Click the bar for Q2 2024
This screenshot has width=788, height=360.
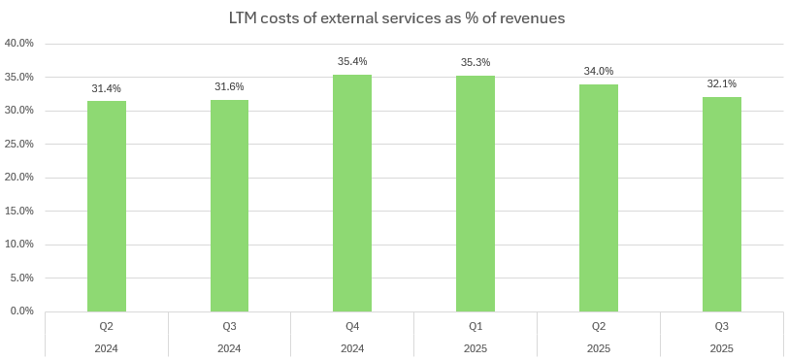(107, 206)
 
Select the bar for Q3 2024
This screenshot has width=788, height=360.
(229, 206)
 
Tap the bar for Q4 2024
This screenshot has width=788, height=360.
(352, 193)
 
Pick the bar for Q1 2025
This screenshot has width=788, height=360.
(476, 193)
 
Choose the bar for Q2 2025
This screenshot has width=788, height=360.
(599, 198)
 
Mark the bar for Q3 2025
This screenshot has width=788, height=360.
(722, 204)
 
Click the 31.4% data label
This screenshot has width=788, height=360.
(107, 89)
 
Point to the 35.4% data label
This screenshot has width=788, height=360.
(352, 62)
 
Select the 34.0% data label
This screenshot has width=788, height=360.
(599, 72)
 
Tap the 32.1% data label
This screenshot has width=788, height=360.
(722, 84)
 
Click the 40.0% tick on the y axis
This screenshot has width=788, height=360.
(19, 44)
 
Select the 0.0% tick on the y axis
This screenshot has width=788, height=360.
(22, 311)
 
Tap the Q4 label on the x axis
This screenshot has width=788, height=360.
(352, 327)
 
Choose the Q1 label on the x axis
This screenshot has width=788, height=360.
(476, 327)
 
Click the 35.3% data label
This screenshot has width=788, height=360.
(476, 63)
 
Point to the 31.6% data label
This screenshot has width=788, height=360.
(229, 87)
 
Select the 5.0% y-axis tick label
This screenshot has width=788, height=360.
(22, 278)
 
